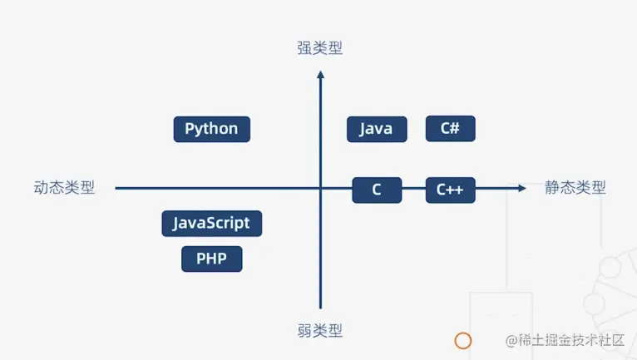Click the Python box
point(211,129)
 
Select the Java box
point(377,129)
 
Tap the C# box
point(450,128)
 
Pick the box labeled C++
point(450,190)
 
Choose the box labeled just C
point(377,190)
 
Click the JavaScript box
point(211,223)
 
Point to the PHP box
point(211,259)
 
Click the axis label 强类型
point(320,48)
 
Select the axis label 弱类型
point(320,330)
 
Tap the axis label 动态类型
point(64,188)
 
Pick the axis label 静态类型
point(575,188)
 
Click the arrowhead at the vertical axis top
point(320,76)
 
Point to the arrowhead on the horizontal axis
point(521,188)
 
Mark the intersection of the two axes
point(320,188)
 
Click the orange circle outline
point(463,340)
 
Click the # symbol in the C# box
point(455,128)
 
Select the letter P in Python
point(190,129)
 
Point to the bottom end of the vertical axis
point(320,308)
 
